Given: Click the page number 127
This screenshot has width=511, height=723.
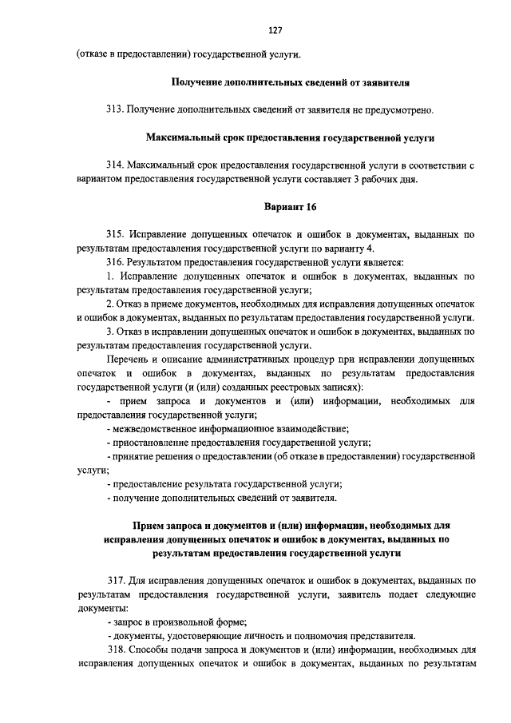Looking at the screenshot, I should (275, 30).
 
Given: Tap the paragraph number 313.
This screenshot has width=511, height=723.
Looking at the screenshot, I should (115, 109).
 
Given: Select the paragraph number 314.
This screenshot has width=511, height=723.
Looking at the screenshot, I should (115, 165).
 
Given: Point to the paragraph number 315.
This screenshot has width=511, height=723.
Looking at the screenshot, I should (115, 235).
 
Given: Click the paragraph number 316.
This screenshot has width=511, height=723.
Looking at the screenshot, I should (115, 262).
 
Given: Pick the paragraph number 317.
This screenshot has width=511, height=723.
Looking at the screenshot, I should (115, 581).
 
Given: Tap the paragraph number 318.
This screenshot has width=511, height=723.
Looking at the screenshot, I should (115, 649).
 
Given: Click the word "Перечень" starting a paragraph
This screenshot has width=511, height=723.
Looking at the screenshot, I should (127, 360).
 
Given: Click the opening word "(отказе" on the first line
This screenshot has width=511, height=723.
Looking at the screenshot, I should (93, 54).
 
